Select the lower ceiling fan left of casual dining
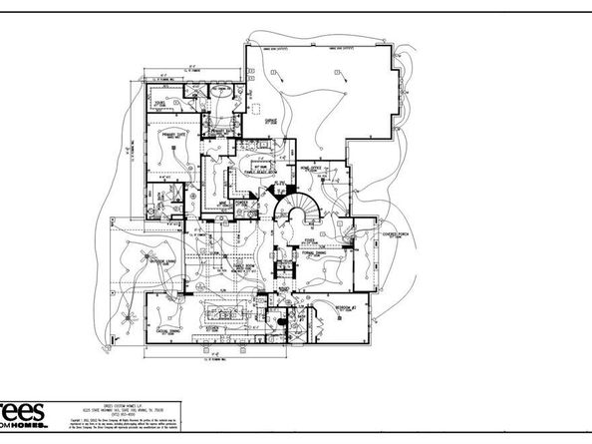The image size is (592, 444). (x=127, y=321)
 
